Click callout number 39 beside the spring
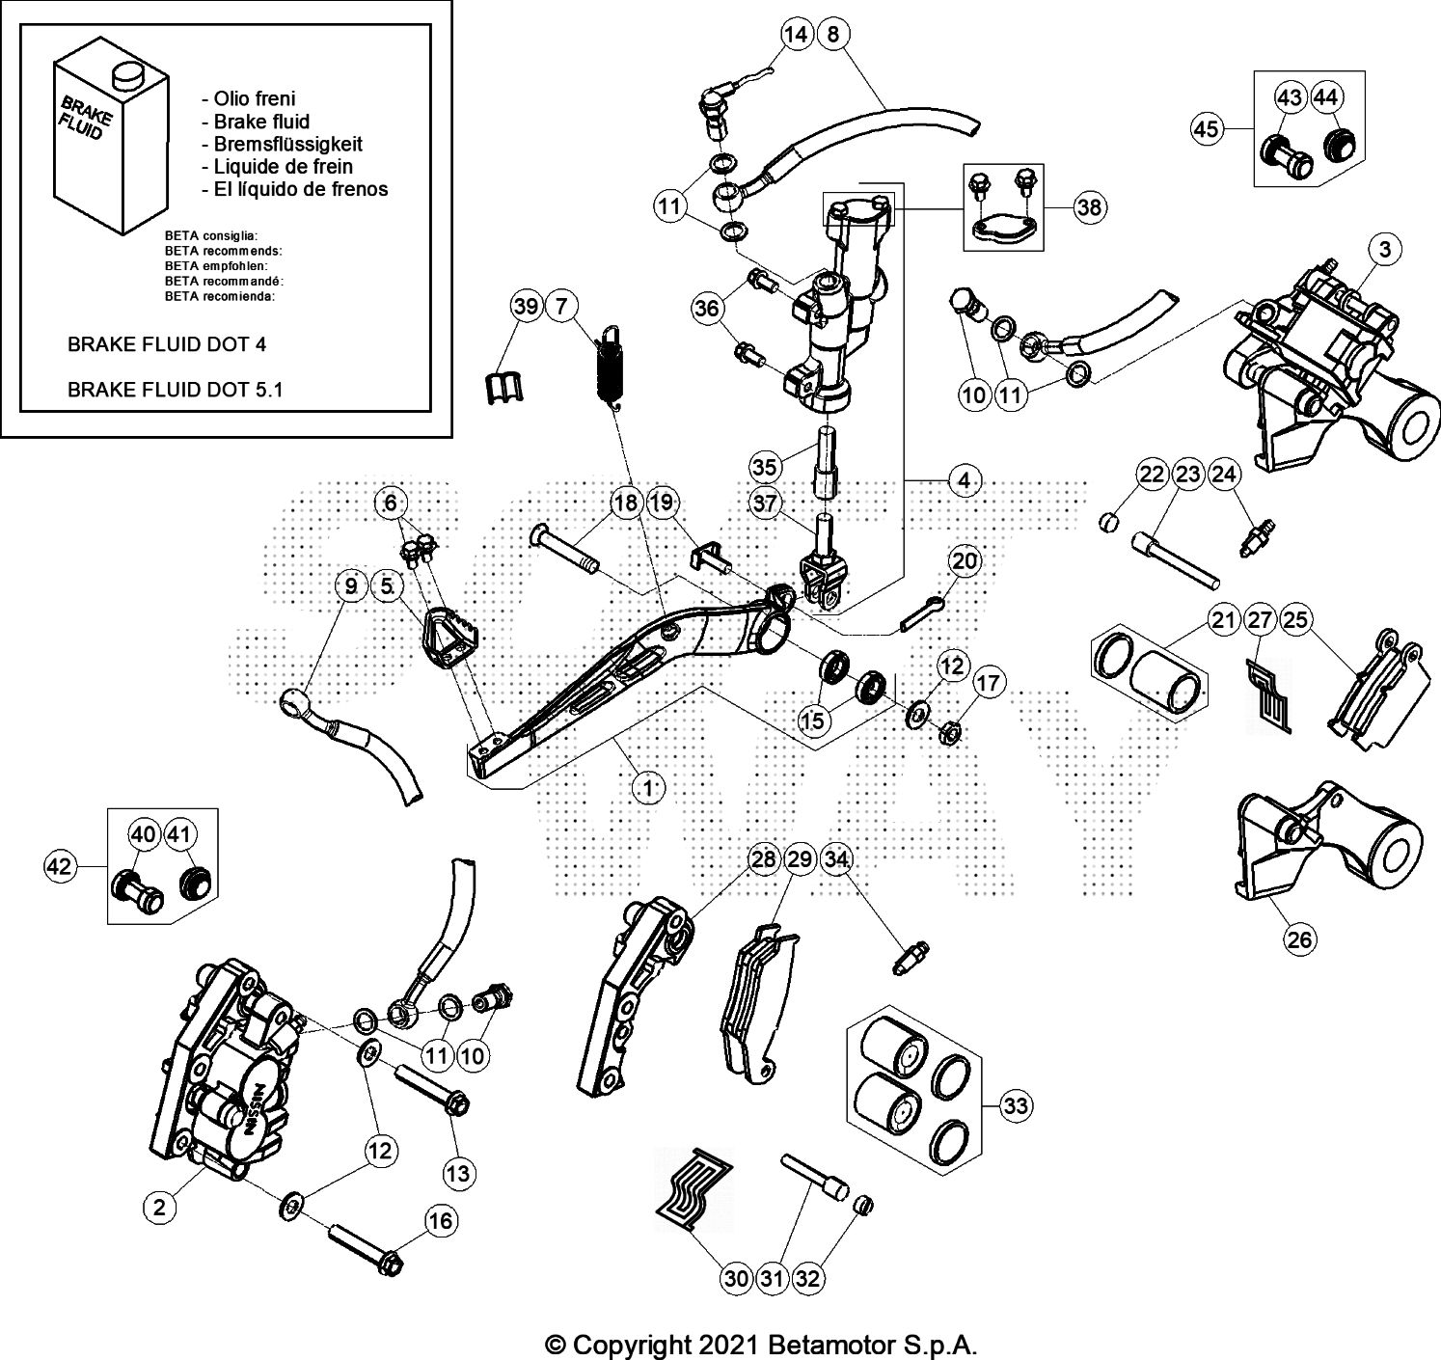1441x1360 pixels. pyautogui.click(x=526, y=308)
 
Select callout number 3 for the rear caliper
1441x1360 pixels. pyautogui.click(x=1385, y=250)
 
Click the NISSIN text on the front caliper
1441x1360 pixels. pyautogui.click(x=259, y=1108)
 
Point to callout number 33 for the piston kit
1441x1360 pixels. pyautogui.click(x=1016, y=1105)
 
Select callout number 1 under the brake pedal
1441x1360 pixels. pyautogui.click(x=648, y=788)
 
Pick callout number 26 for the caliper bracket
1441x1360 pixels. pyautogui.click(x=1300, y=938)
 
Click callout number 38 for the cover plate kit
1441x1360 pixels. pyautogui.click(x=1089, y=207)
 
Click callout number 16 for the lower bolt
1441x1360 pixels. pyautogui.click(x=440, y=1221)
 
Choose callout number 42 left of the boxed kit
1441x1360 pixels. pyautogui.click(x=60, y=866)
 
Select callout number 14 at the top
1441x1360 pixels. pyautogui.click(x=797, y=36)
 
